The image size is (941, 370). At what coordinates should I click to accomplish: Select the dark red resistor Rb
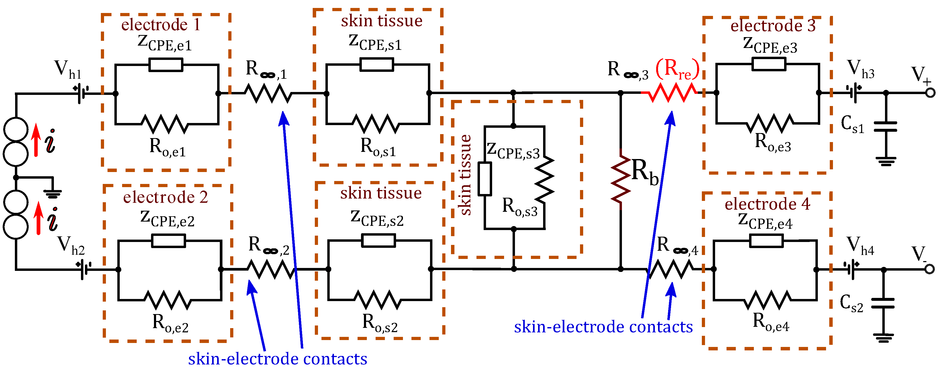point(621,179)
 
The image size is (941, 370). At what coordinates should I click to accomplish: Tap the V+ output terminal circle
point(930,93)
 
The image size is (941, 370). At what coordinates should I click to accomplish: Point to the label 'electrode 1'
point(161,25)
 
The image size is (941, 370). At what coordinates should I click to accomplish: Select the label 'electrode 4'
point(767,204)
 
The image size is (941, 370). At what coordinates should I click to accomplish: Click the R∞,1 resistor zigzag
point(268,93)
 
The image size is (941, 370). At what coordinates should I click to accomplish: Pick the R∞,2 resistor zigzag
point(271,269)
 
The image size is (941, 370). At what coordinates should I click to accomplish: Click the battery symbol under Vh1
point(81,93)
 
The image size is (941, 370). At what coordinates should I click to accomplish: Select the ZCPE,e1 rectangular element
point(166,65)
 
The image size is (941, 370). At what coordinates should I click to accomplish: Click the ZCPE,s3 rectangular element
point(484,179)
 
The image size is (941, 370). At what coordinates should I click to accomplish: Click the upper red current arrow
point(36,140)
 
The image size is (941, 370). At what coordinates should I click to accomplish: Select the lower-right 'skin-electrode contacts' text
point(603,327)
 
